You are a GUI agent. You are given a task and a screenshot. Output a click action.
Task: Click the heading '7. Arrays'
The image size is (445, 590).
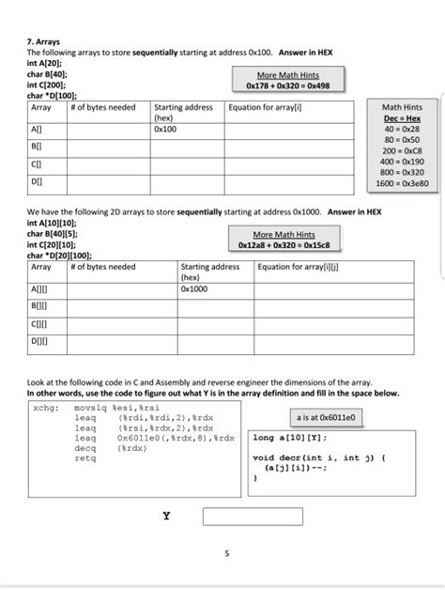46,42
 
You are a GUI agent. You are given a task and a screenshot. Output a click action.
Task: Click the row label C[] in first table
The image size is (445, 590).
37,163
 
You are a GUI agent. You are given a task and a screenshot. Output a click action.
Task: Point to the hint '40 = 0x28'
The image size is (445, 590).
402,130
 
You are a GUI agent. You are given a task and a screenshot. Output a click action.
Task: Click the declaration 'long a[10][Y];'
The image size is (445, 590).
290,438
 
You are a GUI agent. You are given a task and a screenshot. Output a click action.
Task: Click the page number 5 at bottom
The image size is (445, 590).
225,553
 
